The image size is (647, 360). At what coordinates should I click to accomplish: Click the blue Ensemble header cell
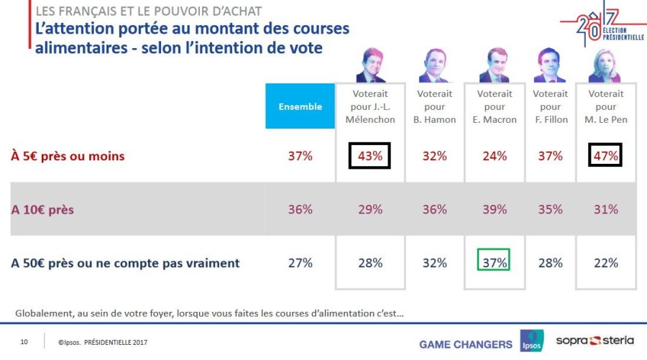click(300, 106)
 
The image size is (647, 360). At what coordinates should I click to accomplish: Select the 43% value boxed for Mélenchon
click(370, 155)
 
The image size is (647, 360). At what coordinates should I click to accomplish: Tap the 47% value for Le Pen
click(605, 155)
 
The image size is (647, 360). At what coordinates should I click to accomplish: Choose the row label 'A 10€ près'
click(44, 209)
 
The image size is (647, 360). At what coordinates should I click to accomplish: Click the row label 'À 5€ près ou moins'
click(68, 156)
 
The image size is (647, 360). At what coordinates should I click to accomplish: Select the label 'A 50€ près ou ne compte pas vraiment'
click(125, 263)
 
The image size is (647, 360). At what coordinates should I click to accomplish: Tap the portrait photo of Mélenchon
click(370, 65)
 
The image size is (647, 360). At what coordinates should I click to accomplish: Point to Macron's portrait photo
click(495, 65)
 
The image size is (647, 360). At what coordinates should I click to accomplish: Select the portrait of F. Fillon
click(549, 67)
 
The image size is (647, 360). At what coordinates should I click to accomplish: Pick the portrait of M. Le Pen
click(605, 65)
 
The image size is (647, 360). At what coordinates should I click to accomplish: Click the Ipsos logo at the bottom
click(532, 341)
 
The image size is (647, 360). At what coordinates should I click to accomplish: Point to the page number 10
click(24, 341)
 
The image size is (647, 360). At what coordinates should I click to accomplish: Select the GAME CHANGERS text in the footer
click(465, 344)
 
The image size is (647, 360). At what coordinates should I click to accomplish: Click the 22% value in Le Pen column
click(605, 263)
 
